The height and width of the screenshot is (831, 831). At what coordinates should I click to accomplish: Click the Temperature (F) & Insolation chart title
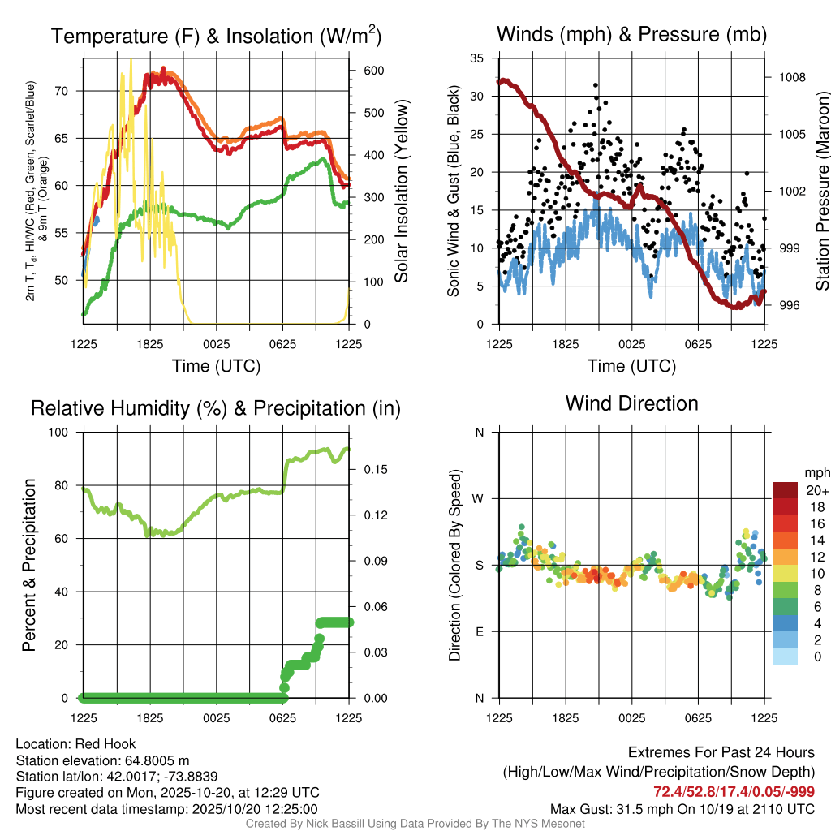click(x=216, y=37)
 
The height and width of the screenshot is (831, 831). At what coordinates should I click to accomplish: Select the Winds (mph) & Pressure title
click(x=631, y=34)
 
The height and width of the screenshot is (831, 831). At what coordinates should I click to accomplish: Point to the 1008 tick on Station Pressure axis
click(x=790, y=78)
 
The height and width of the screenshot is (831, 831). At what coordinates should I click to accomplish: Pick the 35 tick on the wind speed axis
click(x=476, y=58)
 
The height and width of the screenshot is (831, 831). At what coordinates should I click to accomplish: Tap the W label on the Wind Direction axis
click(x=480, y=498)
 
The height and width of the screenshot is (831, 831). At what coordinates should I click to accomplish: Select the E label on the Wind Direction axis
click(x=480, y=631)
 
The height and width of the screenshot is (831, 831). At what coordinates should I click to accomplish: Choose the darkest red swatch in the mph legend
click(x=785, y=490)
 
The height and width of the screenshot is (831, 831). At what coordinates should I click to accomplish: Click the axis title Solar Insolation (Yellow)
click(x=402, y=191)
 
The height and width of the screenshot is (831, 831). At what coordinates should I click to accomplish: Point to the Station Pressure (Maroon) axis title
click(x=822, y=191)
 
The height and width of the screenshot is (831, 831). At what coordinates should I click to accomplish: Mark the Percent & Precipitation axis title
click(x=28, y=565)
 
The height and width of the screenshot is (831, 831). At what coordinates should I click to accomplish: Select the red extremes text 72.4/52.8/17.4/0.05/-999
click(x=734, y=792)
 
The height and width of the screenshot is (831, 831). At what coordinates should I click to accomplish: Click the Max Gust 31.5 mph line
click(x=682, y=809)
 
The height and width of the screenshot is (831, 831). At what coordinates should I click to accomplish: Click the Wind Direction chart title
click(x=631, y=403)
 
